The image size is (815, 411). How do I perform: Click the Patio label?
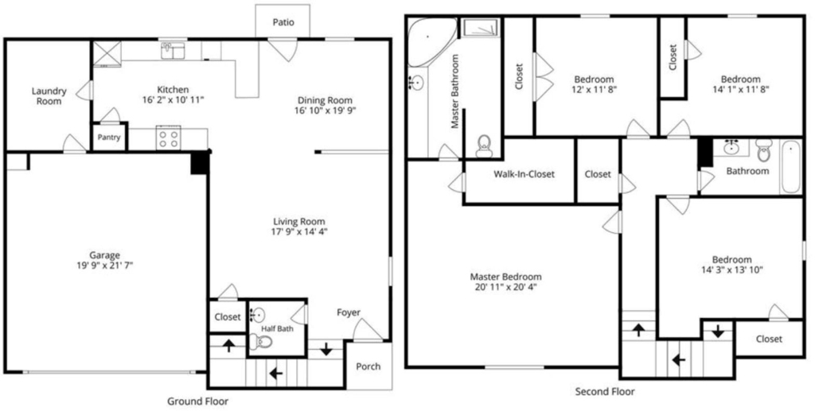(283, 22)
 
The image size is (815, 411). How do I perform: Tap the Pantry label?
(109, 138)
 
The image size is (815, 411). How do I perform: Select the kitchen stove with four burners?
(169, 138)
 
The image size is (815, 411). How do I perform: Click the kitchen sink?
(173, 51)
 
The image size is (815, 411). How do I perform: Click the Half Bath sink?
(257, 315)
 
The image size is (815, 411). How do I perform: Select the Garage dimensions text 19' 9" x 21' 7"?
(104, 266)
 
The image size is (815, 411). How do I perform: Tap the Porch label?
(368, 366)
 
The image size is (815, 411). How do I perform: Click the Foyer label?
(349, 312)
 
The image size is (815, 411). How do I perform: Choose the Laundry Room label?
(49, 96)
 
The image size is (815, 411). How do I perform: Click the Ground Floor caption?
(197, 401)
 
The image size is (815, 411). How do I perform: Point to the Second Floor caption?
(605, 392)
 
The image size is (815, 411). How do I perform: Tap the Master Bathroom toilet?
(484, 145)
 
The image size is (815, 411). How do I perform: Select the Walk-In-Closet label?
(524, 174)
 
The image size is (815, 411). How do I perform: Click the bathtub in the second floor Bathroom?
(792, 167)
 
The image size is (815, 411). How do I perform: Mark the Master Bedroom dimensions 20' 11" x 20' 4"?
(505, 287)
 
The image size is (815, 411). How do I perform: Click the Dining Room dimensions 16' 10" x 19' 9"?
(325, 110)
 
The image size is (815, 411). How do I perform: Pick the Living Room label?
(299, 222)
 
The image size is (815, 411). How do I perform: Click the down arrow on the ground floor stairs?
(326, 350)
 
